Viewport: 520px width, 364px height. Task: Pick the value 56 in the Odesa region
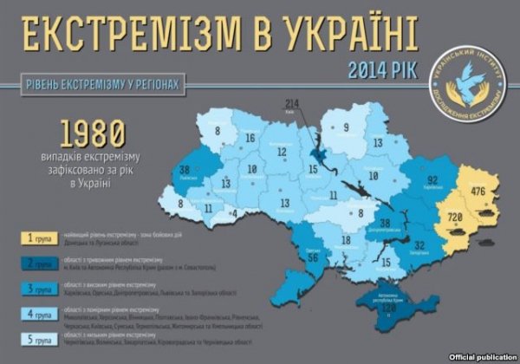(x=313, y=257)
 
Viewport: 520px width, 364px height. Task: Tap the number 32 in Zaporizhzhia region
(x=419, y=245)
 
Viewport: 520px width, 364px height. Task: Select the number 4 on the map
(x=233, y=211)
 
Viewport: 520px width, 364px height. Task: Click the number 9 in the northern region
(x=346, y=128)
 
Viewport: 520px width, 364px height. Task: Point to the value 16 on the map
(x=250, y=138)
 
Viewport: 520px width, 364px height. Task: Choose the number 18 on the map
(x=345, y=240)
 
